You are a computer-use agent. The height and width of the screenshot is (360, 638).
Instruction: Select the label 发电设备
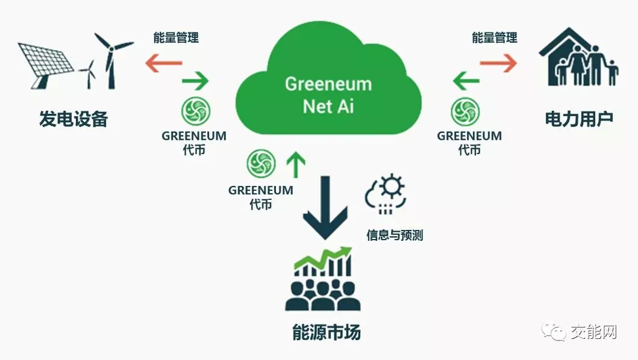click(73, 119)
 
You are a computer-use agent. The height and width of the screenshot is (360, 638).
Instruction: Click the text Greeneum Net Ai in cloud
click(328, 95)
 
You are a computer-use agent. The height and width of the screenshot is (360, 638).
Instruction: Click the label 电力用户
click(578, 119)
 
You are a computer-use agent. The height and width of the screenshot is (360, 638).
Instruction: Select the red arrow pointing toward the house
click(499, 63)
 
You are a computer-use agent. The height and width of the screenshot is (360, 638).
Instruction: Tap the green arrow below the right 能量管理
click(466, 80)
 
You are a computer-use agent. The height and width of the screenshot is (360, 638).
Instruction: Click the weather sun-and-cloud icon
click(386, 194)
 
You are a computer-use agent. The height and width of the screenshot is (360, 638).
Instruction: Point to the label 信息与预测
click(395, 235)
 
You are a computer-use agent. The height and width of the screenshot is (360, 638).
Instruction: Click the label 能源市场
click(327, 333)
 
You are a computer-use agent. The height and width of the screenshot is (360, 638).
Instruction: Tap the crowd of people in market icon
click(323, 295)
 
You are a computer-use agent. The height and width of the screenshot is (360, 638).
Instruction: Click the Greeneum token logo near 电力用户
click(465, 113)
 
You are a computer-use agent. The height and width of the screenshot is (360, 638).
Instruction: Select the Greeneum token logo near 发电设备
click(196, 113)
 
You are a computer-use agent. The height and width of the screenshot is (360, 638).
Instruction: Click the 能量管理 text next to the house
click(495, 37)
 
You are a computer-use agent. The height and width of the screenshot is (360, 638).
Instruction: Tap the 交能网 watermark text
click(594, 332)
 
